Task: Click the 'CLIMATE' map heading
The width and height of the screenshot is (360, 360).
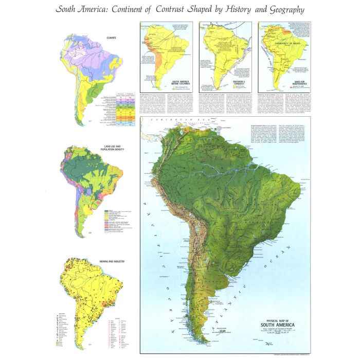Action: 107,37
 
